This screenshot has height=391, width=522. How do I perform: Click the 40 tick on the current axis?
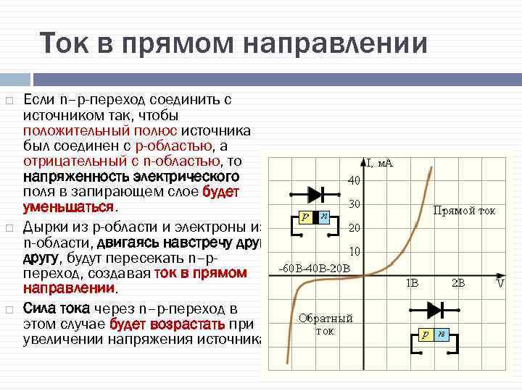353,180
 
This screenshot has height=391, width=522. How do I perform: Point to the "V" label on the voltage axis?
500,283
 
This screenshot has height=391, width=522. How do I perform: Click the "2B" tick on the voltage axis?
458,283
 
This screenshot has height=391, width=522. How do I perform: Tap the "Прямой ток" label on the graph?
464,211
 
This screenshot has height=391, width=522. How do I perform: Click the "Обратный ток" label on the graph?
325,324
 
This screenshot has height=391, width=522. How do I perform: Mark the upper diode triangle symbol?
315,194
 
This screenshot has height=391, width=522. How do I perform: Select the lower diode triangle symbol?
434,310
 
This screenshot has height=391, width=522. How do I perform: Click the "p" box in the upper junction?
305,216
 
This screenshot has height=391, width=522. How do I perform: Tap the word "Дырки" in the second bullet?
43,226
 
